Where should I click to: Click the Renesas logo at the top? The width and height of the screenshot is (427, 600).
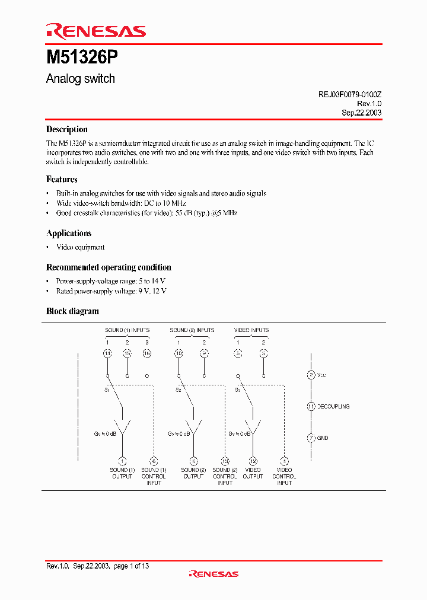(95, 31)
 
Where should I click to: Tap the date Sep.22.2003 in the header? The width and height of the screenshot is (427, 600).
(361, 113)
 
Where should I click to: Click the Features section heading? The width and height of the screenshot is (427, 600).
(62, 179)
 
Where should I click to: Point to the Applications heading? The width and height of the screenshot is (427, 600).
(69, 233)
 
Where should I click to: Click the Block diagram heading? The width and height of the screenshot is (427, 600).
(72, 311)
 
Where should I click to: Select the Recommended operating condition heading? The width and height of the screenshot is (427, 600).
(109, 267)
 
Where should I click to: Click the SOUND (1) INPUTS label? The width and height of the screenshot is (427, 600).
(127, 330)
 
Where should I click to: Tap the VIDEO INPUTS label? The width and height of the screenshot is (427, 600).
(251, 330)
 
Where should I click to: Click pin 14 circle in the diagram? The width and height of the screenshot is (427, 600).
(107, 353)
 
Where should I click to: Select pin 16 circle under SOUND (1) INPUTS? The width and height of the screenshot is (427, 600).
(147, 353)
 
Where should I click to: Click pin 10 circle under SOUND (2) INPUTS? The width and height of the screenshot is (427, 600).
(179, 353)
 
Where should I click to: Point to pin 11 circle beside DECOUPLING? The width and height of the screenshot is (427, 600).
(311, 407)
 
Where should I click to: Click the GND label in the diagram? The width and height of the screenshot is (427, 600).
(323, 438)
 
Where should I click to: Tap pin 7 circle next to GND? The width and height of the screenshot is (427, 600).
(311, 438)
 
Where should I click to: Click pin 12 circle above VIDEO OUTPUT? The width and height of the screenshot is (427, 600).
(253, 461)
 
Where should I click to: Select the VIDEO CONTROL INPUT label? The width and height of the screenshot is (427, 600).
(284, 477)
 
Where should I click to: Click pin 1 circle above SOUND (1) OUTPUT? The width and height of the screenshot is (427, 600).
(123, 461)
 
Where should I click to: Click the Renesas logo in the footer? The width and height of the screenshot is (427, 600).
(213, 574)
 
